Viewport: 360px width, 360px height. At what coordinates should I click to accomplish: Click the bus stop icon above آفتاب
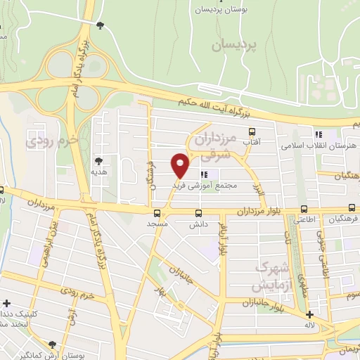[x=252, y=131]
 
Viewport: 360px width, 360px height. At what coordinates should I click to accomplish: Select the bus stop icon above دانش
[x=198, y=212]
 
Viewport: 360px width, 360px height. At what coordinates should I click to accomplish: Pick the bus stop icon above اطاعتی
[x=304, y=209]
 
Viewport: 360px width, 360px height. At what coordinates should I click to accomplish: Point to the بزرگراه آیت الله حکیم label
[x=211, y=105]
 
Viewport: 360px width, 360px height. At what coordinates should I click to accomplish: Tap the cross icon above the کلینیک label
[x=6, y=304]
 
